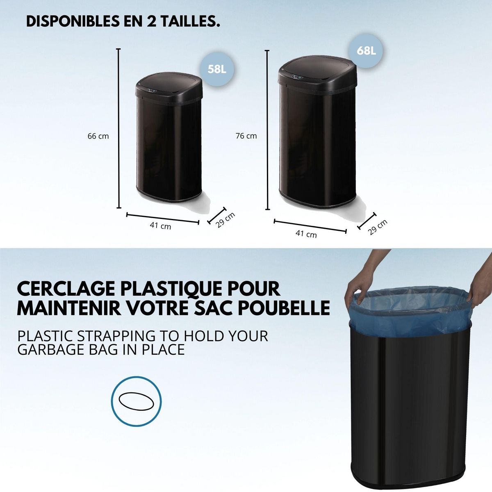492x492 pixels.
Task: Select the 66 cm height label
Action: point(98,136)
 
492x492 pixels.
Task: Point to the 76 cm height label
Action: point(246,136)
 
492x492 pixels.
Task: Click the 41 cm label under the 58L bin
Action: point(161,225)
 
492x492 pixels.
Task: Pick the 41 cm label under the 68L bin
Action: point(306,234)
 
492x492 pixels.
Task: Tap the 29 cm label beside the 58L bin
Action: point(226,220)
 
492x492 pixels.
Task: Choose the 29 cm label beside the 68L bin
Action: point(377,228)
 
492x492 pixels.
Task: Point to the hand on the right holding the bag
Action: point(476,291)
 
